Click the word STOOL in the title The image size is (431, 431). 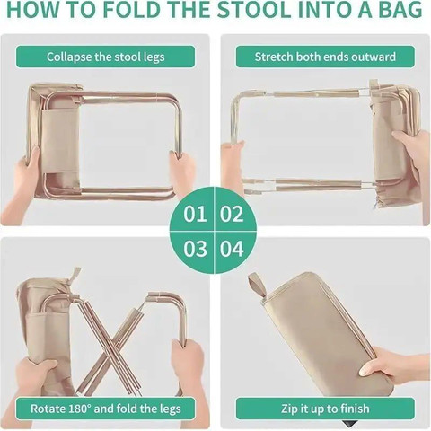pos(254,9)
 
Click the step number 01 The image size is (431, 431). pos(195,214)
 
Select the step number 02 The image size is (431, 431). pos(232,214)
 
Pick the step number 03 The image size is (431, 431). pos(195,249)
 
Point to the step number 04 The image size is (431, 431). pos(232,249)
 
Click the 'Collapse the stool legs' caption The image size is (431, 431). pos(105,57)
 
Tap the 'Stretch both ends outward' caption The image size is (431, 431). pos(325,57)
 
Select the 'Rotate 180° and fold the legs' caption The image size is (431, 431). pos(106,409)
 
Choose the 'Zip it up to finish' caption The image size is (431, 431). pos(325,409)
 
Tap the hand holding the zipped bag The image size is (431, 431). pos(395,366)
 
